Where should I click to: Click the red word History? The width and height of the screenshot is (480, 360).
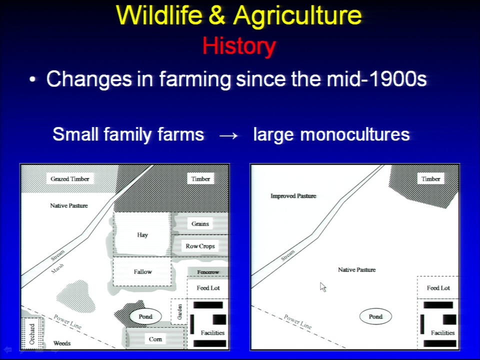tap(239, 46)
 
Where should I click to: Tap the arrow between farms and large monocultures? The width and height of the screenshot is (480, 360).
tap(228, 135)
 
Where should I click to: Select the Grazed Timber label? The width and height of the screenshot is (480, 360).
tap(70, 179)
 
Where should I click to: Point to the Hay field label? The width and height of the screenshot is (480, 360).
tap(142, 235)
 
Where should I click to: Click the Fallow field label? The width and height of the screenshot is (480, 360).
tap(142, 271)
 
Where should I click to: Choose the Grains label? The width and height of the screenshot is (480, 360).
tap(200, 224)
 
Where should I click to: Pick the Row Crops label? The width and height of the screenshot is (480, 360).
tap(200, 246)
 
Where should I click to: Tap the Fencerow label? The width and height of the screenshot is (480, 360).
tap(208, 272)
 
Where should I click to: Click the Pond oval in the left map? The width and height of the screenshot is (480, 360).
tap(145, 316)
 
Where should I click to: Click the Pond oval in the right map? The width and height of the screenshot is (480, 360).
tap(375, 316)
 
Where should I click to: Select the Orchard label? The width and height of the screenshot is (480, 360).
tap(32, 334)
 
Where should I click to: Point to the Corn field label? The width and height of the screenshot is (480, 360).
tap(155, 339)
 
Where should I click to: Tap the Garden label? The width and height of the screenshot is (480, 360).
tap(179, 311)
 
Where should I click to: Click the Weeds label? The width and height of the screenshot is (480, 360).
tap(62, 343)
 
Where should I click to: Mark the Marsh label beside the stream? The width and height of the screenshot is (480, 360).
tap(57, 268)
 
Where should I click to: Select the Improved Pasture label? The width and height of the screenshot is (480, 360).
tap(293, 196)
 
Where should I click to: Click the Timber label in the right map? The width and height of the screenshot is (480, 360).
tap(430, 179)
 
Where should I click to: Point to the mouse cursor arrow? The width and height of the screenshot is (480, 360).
tap(323, 287)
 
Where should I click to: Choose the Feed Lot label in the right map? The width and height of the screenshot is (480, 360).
tap(438, 288)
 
